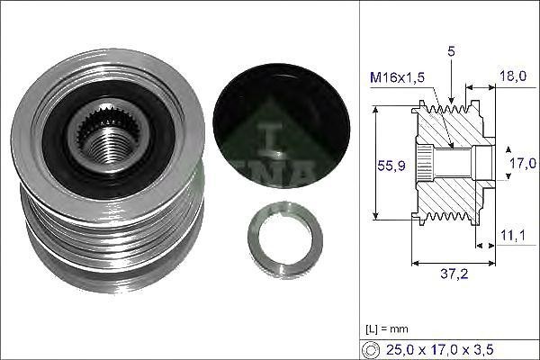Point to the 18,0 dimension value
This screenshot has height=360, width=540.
pyautogui.click(x=513, y=77)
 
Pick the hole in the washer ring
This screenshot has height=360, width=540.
pyautogui.click(x=285, y=241)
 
